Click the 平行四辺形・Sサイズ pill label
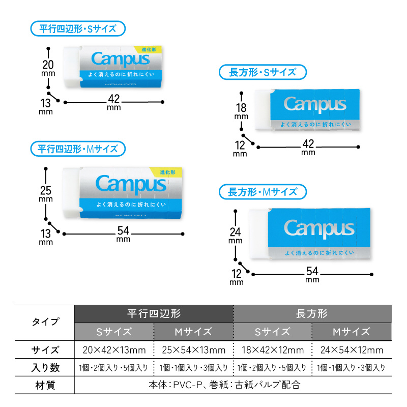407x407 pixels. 78,28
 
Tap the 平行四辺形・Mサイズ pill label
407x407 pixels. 78,149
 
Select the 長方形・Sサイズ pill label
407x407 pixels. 263,72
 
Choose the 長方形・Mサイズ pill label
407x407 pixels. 263,192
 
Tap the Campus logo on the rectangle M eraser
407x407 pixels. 318,227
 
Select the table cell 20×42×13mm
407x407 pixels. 114,350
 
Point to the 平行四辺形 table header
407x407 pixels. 154,313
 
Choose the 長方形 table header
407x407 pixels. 311,313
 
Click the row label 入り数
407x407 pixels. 45,367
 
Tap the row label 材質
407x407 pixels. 45,385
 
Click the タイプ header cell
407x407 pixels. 45,322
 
